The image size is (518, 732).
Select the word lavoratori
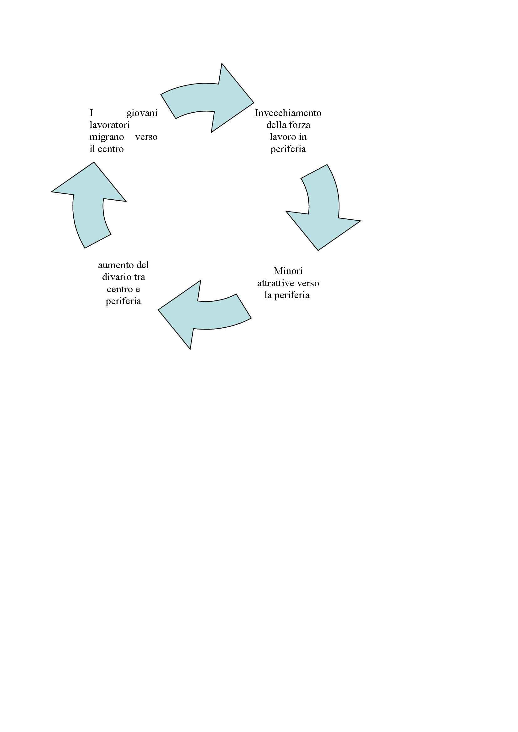pos(109,125)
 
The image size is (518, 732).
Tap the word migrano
pos(106,137)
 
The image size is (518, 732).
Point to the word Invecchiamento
pos(288,113)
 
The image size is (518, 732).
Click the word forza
pos(300,125)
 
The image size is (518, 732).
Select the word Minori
pos(288,271)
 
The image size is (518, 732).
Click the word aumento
pos(116,265)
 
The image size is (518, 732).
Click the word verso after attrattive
pos(308,283)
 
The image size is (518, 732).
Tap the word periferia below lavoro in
pos(288,149)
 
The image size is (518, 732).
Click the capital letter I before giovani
pos(91,113)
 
